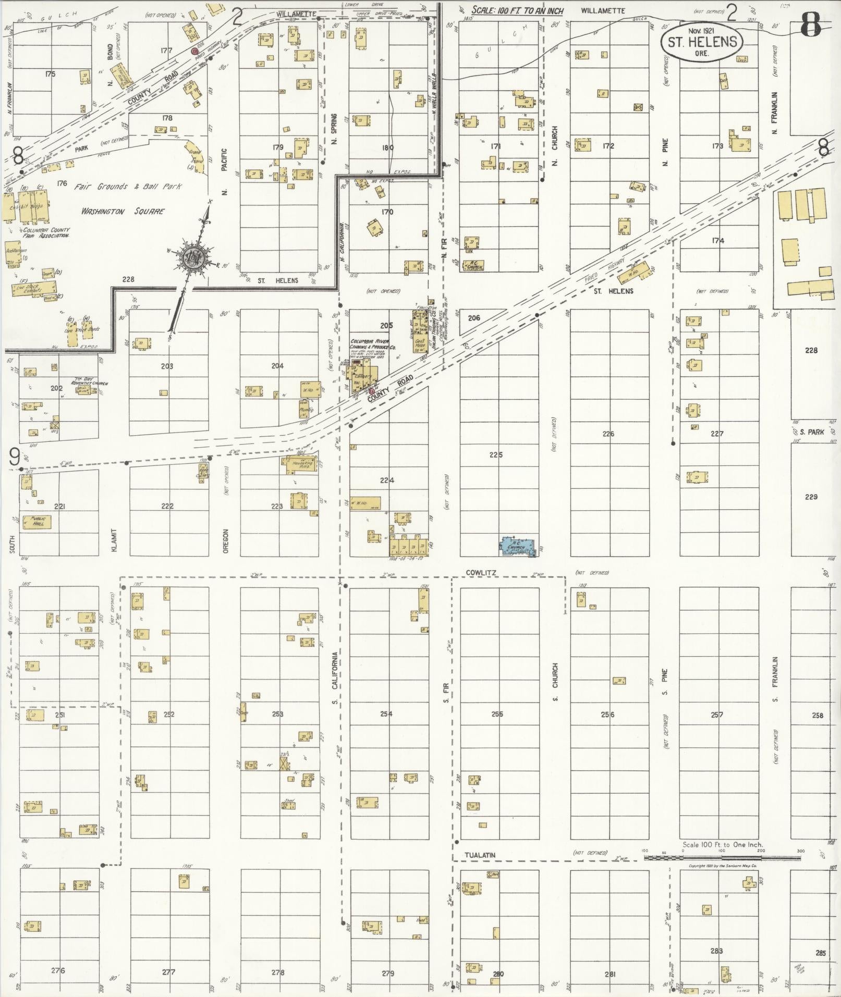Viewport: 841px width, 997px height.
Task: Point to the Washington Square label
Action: coord(123,211)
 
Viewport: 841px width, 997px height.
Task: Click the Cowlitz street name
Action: coord(481,573)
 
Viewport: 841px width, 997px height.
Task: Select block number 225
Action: coord(496,455)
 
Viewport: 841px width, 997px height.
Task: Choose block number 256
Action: coord(608,715)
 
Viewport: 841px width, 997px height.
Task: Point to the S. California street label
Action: coord(335,678)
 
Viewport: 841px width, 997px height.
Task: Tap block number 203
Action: coord(167,366)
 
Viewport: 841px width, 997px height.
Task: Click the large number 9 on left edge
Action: coord(15,457)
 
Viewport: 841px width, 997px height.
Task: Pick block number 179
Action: coord(277,147)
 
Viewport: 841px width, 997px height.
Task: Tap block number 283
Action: coord(716,951)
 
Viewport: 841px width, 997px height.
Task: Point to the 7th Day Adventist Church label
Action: coord(91,384)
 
